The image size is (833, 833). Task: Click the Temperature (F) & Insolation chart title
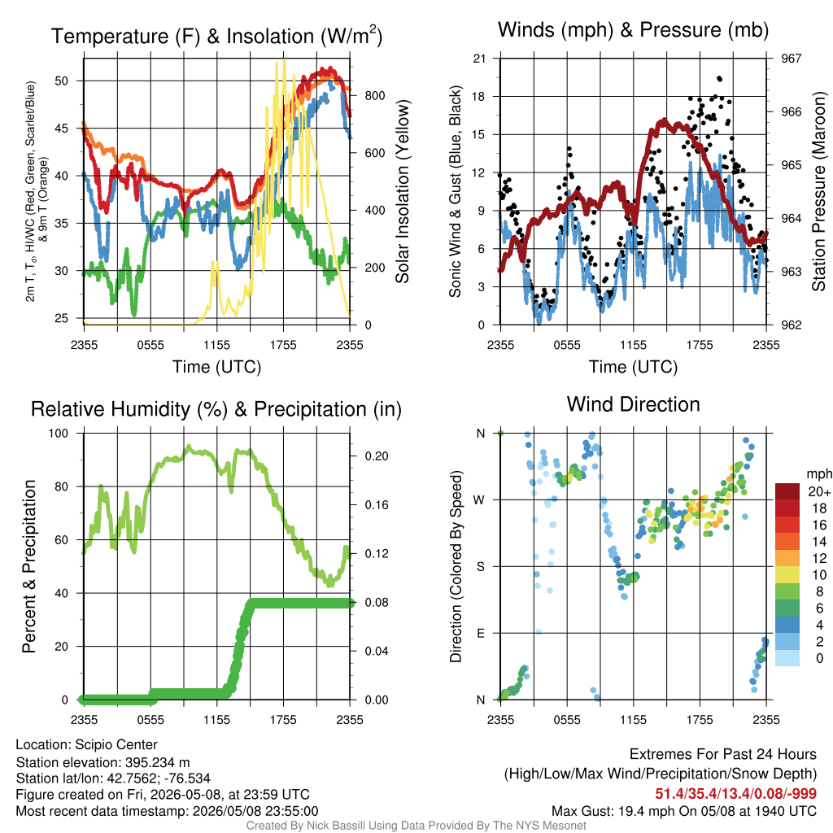[x=216, y=36]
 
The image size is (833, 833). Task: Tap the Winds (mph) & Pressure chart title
[x=633, y=30]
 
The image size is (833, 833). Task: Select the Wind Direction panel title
[x=633, y=404]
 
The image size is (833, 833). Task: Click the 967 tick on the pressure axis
[x=791, y=59]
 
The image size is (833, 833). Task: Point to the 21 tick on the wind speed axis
[x=479, y=59]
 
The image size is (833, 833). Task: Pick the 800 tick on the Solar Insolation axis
[x=375, y=96]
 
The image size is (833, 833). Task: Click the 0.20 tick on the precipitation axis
[x=377, y=456]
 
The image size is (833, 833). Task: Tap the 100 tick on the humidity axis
[x=59, y=434]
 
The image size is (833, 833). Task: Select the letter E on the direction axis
[x=481, y=633]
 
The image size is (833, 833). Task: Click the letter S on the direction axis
[x=481, y=567]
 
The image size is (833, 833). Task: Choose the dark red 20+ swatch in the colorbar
[x=787, y=491]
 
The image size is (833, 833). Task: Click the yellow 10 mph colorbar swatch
[x=787, y=575]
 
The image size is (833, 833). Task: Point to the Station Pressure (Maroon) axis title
[x=818, y=191]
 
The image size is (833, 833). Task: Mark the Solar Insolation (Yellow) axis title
[x=403, y=191]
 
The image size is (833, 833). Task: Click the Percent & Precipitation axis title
[x=28, y=566]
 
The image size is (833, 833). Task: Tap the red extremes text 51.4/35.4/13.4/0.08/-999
[x=735, y=794]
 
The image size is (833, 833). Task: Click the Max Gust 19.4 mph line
[x=684, y=811]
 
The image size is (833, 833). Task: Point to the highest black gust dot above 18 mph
[x=719, y=79]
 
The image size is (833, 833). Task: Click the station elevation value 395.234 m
[x=157, y=762]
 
